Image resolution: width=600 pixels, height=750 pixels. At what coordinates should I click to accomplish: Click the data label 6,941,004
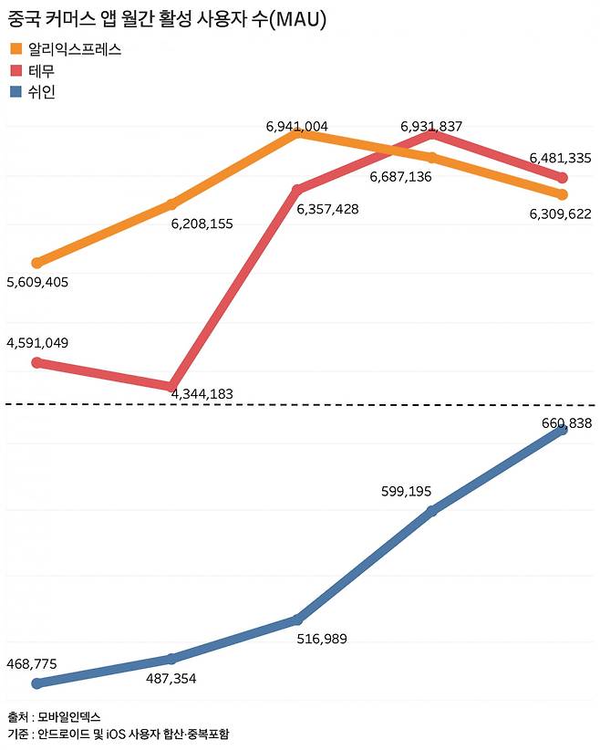(297, 127)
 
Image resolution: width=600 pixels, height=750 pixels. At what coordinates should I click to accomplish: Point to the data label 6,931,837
(431, 126)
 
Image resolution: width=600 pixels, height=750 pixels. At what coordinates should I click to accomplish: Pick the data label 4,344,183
(202, 394)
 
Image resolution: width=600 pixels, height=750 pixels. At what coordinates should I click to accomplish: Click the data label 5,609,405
(37, 282)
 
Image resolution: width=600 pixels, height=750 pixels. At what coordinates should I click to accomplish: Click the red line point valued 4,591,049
(36, 362)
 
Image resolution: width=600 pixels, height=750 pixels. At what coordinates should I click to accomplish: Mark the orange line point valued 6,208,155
(171, 203)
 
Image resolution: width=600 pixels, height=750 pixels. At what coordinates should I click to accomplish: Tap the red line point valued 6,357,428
(296, 190)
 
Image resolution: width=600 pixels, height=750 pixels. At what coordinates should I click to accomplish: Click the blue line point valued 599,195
(432, 510)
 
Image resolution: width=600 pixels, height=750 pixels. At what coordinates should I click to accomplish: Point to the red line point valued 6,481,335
(563, 178)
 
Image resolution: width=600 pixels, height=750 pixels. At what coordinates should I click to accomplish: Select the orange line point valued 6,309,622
(563, 194)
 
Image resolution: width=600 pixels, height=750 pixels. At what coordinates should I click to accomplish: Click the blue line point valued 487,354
(171, 658)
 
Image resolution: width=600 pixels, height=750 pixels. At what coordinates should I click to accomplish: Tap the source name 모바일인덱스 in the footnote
(70, 716)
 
